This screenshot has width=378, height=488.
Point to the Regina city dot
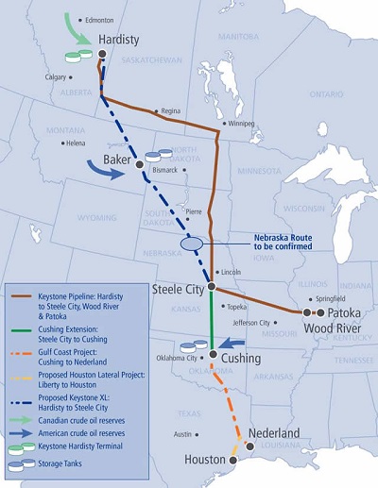157,110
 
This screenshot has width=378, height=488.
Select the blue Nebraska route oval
192,244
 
